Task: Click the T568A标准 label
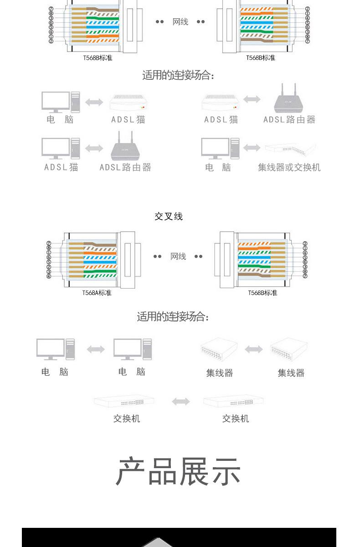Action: click(97, 293)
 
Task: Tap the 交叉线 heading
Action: click(169, 217)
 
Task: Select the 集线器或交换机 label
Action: click(289, 167)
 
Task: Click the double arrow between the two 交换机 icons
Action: click(181, 402)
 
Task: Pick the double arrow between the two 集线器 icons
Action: click(254, 350)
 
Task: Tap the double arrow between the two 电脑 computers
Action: click(96, 350)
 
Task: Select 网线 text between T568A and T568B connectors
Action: click(178, 257)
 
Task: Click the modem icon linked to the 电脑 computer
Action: click(129, 102)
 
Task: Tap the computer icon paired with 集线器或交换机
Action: click(220, 148)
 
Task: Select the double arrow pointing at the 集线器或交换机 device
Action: click(252, 148)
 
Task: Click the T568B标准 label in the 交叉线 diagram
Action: click(262, 293)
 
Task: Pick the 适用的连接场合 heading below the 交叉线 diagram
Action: click(173, 317)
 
